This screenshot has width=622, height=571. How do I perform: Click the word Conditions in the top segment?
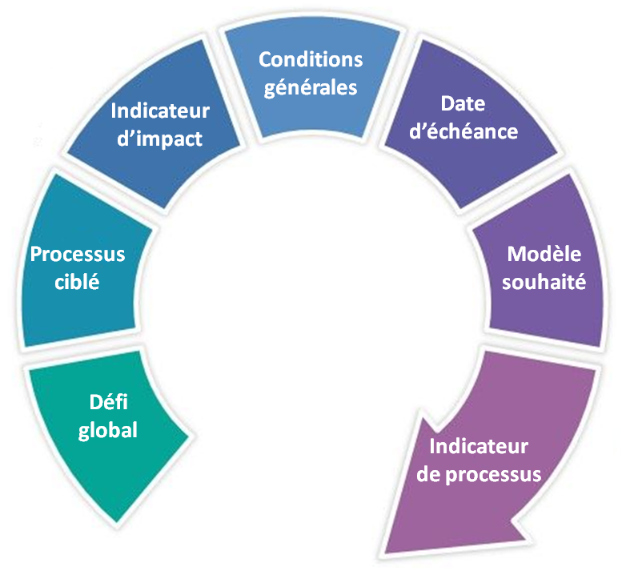(x=311, y=60)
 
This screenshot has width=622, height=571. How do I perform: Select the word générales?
(x=311, y=86)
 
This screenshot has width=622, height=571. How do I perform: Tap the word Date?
(x=463, y=104)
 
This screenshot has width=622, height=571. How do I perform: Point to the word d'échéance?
(x=463, y=131)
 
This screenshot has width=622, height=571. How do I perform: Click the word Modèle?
(x=544, y=255)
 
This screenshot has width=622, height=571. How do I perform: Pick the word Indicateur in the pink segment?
(x=479, y=446)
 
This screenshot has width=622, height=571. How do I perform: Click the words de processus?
(x=479, y=473)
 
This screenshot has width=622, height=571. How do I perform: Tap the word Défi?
(x=102, y=403)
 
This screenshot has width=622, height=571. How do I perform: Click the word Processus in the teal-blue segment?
(x=78, y=255)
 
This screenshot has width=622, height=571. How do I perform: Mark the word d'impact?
(x=160, y=138)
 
